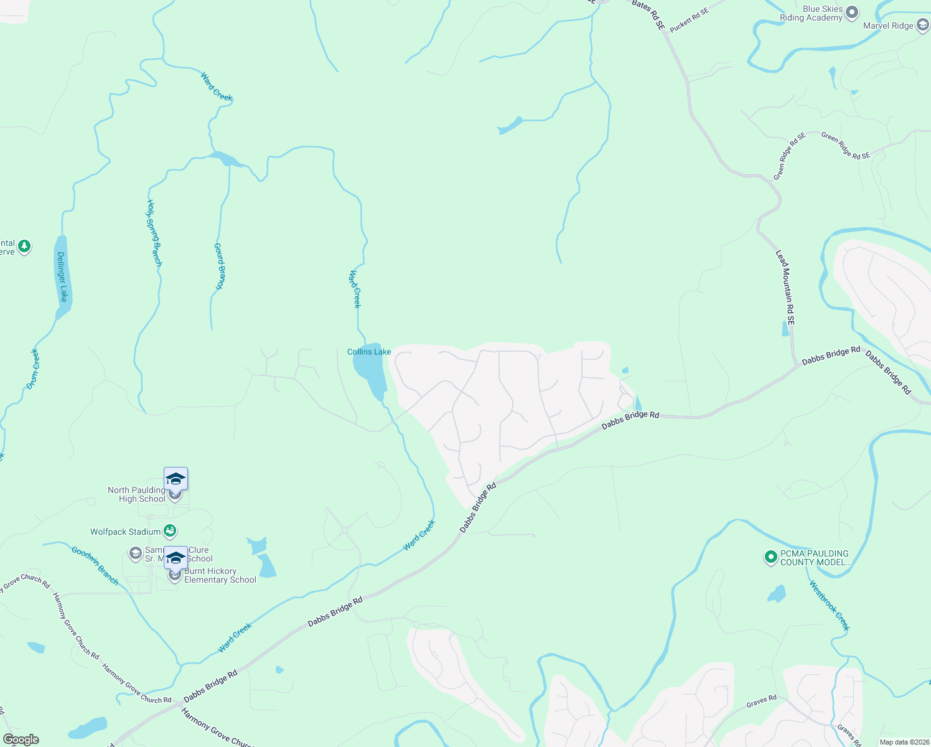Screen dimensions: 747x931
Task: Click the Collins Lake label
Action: (x=369, y=352)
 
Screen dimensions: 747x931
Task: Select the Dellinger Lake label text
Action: (x=62, y=276)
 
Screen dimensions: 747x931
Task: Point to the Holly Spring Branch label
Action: (x=154, y=233)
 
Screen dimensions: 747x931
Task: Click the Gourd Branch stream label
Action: (x=219, y=266)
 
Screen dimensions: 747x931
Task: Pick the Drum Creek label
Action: (x=34, y=369)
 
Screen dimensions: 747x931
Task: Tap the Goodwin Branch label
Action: (x=95, y=565)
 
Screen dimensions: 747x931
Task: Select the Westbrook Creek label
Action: (x=829, y=606)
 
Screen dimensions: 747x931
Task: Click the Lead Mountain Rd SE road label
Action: (x=785, y=288)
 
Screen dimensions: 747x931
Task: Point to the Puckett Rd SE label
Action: (x=689, y=20)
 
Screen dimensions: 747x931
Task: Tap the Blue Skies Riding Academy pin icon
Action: (x=853, y=13)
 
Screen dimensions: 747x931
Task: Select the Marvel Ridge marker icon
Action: (x=923, y=26)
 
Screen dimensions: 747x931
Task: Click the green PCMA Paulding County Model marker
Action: (x=770, y=557)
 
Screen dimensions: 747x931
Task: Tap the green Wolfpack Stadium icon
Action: (x=169, y=532)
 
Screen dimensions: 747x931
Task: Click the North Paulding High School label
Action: (x=136, y=494)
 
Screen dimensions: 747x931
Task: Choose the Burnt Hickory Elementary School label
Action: (x=220, y=575)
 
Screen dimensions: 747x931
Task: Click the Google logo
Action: (x=21, y=740)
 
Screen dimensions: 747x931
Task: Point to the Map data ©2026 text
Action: (x=903, y=742)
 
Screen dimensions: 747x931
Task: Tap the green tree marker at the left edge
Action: (x=24, y=247)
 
